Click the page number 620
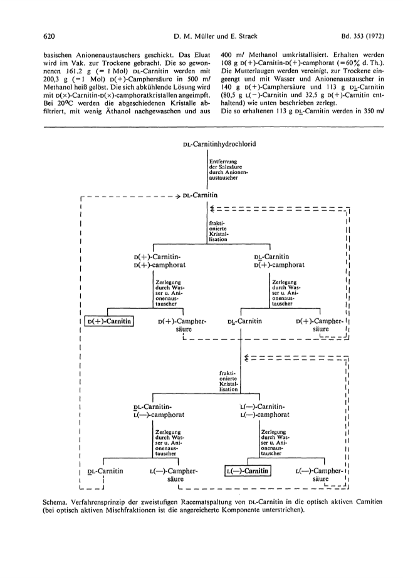coord(49,36)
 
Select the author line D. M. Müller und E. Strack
coord(215,36)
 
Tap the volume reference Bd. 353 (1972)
coord(362,36)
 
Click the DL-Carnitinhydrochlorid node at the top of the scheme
coord(219,144)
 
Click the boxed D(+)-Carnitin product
coord(109,321)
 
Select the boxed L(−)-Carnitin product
coord(248,471)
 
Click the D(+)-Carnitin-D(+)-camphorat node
coord(160,261)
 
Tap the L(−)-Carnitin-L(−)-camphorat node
coord(264,411)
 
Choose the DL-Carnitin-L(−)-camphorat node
coord(159,411)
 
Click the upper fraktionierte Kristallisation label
coord(219,231)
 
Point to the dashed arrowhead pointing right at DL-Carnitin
coord(177,195)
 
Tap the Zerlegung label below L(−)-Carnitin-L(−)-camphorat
coord(273,443)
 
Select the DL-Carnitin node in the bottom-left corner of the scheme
coord(105,471)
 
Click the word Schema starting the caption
coord(54,502)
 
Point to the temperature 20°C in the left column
coord(59,103)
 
